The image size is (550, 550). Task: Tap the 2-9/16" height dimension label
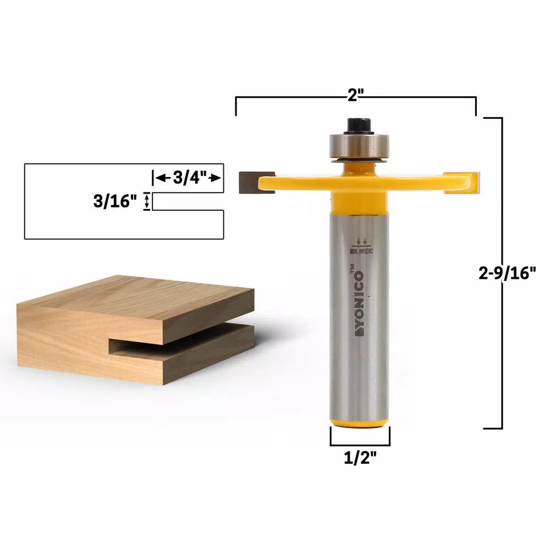507,273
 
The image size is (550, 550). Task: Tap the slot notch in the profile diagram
187,201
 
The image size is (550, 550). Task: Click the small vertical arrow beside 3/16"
146,201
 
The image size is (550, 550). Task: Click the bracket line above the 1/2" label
360,444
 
